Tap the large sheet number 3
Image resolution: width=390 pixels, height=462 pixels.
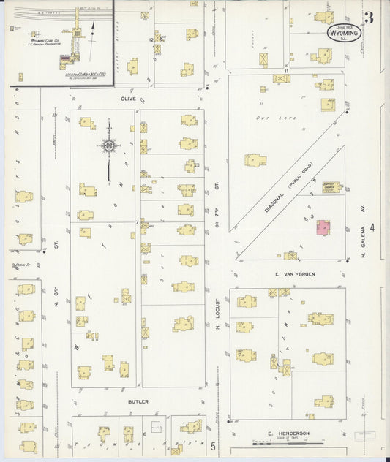click(370, 18)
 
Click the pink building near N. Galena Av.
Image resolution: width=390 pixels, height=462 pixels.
click(322, 228)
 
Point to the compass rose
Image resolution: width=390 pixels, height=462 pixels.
click(108, 146)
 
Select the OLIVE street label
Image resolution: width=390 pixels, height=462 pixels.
click(130, 97)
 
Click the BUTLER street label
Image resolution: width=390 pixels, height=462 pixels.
click(138, 401)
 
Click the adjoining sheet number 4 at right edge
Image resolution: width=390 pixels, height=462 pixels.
click(372, 228)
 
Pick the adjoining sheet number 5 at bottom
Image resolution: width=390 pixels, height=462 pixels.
click(213, 445)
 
